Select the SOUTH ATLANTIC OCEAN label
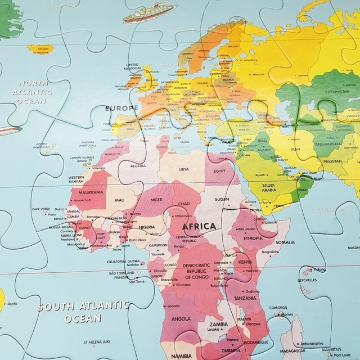[x=83, y=312]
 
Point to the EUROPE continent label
[x=121, y=107]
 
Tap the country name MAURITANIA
[x=87, y=192]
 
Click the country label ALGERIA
[x=138, y=165]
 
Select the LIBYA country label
[x=184, y=169]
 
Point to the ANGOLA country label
[x=181, y=318]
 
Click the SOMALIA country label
[x=285, y=242]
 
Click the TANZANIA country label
[x=245, y=298]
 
